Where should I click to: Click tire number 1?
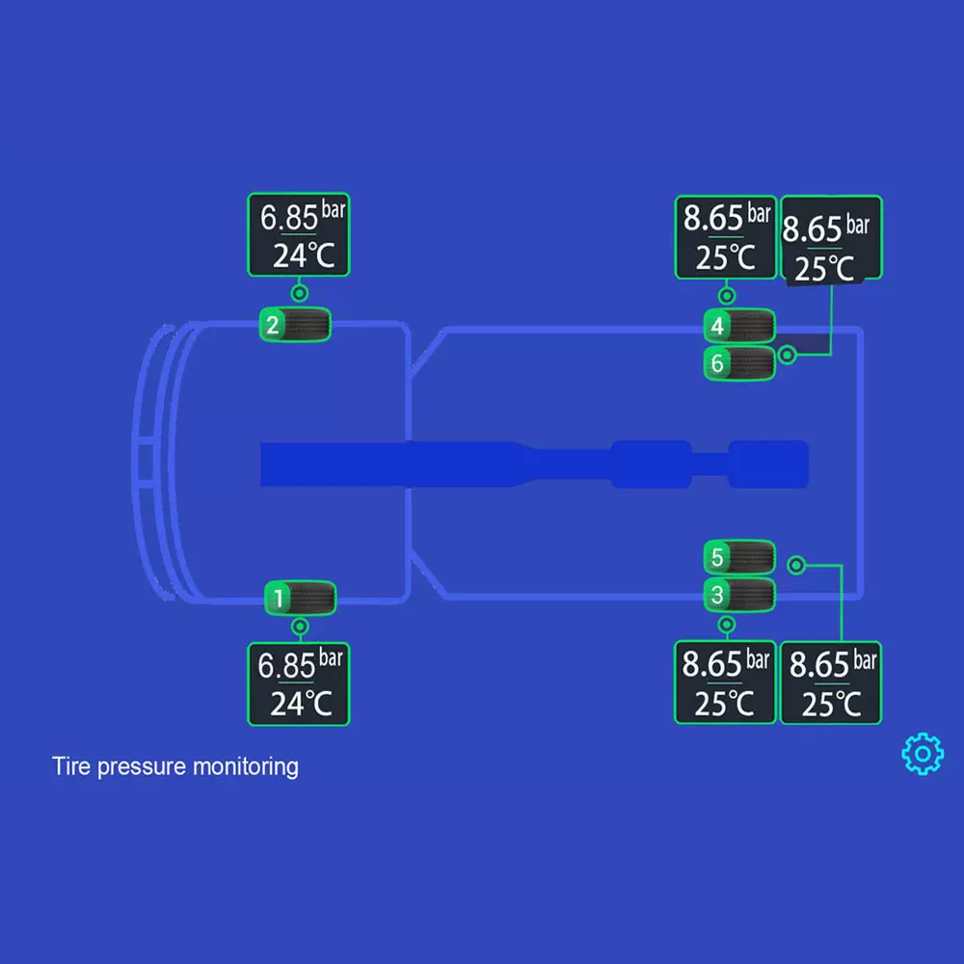tap(300, 598)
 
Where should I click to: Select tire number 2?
tap(295, 324)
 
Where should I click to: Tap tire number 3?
tap(739, 595)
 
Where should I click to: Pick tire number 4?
tap(739, 326)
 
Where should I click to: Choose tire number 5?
tap(739, 556)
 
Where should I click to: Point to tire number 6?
tap(739, 362)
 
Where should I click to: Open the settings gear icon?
tap(923, 753)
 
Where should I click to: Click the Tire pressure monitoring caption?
tap(175, 767)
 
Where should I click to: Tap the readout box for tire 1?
tap(299, 683)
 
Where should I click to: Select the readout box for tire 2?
tap(299, 236)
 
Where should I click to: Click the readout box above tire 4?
tap(726, 237)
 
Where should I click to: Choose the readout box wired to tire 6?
tap(831, 240)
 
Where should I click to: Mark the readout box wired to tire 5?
tap(830, 683)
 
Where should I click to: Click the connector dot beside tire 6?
tap(788, 355)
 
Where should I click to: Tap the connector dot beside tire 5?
tap(795, 565)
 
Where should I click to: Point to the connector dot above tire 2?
tap(300, 292)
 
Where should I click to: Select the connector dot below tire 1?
tap(300, 627)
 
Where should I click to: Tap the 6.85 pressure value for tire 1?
tap(287, 664)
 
